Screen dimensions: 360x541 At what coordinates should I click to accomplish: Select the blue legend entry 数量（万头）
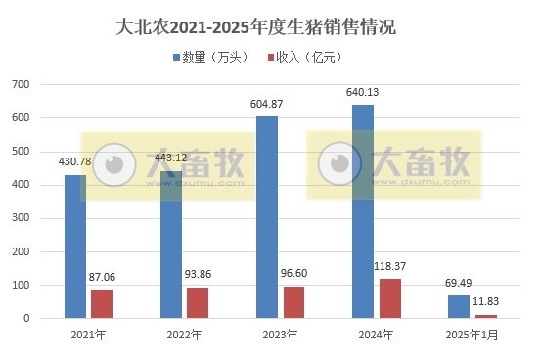coord(211,58)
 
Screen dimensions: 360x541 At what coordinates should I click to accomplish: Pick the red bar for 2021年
coord(102,303)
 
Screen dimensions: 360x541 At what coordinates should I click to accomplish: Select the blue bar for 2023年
coord(266,217)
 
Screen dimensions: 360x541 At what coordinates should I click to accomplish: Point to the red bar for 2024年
coord(389,298)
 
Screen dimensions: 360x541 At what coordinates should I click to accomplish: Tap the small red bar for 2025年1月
coord(486,316)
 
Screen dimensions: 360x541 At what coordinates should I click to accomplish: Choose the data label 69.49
coord(459,284)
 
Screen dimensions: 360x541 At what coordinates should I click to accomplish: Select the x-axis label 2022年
coord(184,336)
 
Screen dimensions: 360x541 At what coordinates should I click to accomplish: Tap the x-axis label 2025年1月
coord(472,336)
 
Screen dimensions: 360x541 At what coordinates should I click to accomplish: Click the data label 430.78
coord(75,161)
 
